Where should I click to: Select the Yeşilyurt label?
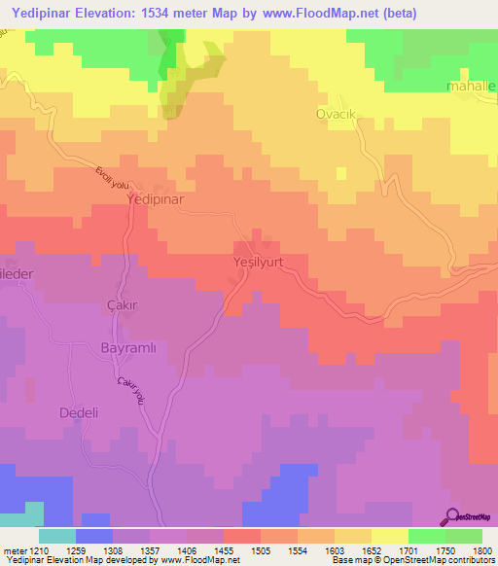point(263,262)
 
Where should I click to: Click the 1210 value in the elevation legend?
point(36,550)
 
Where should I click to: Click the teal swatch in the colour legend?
point(56,536)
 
